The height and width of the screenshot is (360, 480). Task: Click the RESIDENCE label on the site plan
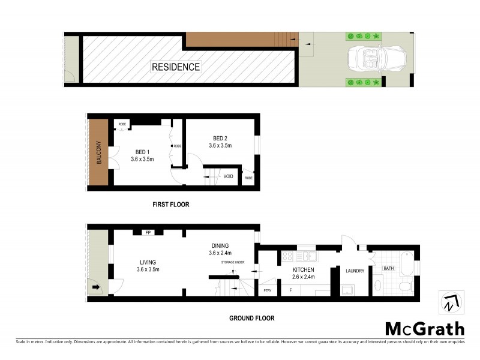pyautogui.click(x=176, y=67)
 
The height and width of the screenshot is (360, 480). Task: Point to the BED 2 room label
pyautogui.click(x=220, y=137)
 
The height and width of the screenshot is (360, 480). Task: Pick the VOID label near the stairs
pyautogui.click(x=228, y=176)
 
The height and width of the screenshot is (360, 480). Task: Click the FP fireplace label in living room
pyautogui.click(x=147, y=232)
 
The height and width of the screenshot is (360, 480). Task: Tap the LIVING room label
pyautogui.click(x=148, y=262)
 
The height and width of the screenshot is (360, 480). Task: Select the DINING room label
pyautogui.click(x=220, y=245)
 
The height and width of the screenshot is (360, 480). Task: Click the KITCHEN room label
pyautogui.click(x=304, y=270)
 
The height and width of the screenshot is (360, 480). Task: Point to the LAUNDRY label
pyautogui.click(x=355, y=271)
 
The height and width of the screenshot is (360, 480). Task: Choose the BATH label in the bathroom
pyautogui.click(x=389, y=268)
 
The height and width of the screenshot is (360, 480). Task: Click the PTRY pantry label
pyautogui.click(x=267, y=290)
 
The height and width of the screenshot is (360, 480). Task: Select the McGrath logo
pyautogui.click(x=425, y=328)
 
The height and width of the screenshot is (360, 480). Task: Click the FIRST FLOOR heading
pyautogui.click(x=171, y=205)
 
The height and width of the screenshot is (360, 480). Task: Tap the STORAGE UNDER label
pyautogui.click(x=233, y=262)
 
